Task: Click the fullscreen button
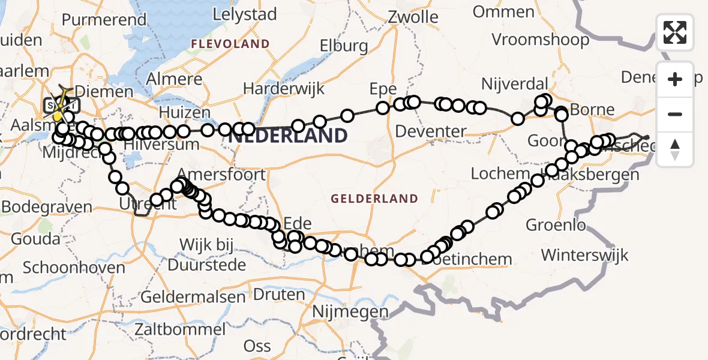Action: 675,32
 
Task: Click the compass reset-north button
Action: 675,149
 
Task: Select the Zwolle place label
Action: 412,17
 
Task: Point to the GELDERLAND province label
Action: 374,199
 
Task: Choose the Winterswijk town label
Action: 584,254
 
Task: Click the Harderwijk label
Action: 284,89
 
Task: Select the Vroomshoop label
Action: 540,40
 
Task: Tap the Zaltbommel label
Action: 180,329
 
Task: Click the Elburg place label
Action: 344,46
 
